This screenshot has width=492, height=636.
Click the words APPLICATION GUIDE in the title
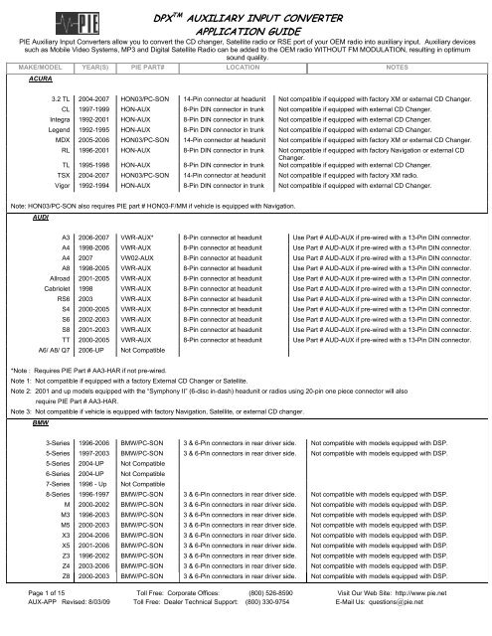pyautogui.click(x=290, y=30)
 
